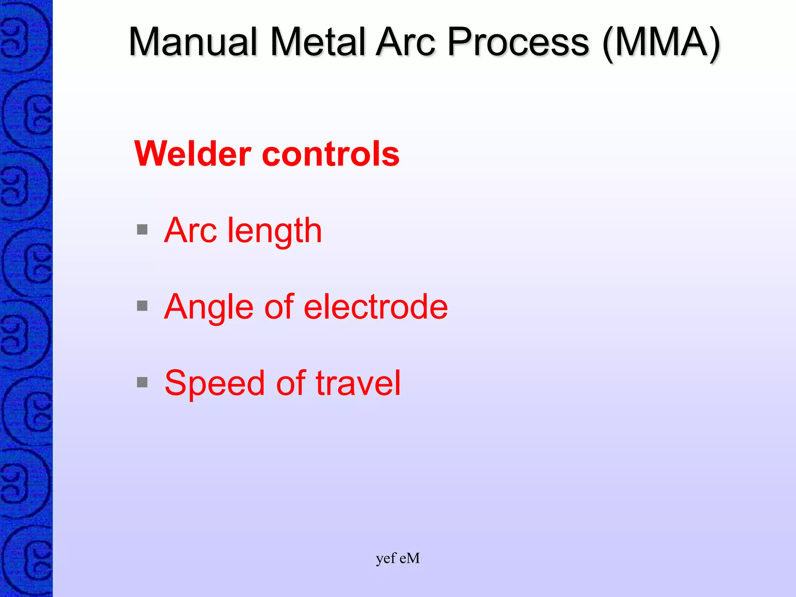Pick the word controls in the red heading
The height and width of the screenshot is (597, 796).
tap(331, 154)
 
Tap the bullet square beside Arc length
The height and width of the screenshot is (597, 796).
tap(142, 230)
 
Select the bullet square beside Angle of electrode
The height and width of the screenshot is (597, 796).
tap(142, 306)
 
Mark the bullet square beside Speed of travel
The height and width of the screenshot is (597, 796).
tap(142, 382)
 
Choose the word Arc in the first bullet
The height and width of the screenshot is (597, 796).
tap(190, 230)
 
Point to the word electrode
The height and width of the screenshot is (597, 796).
tap(375, 307)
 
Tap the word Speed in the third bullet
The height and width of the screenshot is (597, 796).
tap(215, 384)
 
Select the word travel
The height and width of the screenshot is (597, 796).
tap(358, 383)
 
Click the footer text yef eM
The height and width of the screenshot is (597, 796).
tap(398, 559)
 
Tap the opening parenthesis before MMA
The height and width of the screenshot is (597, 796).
tap(609, 44)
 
